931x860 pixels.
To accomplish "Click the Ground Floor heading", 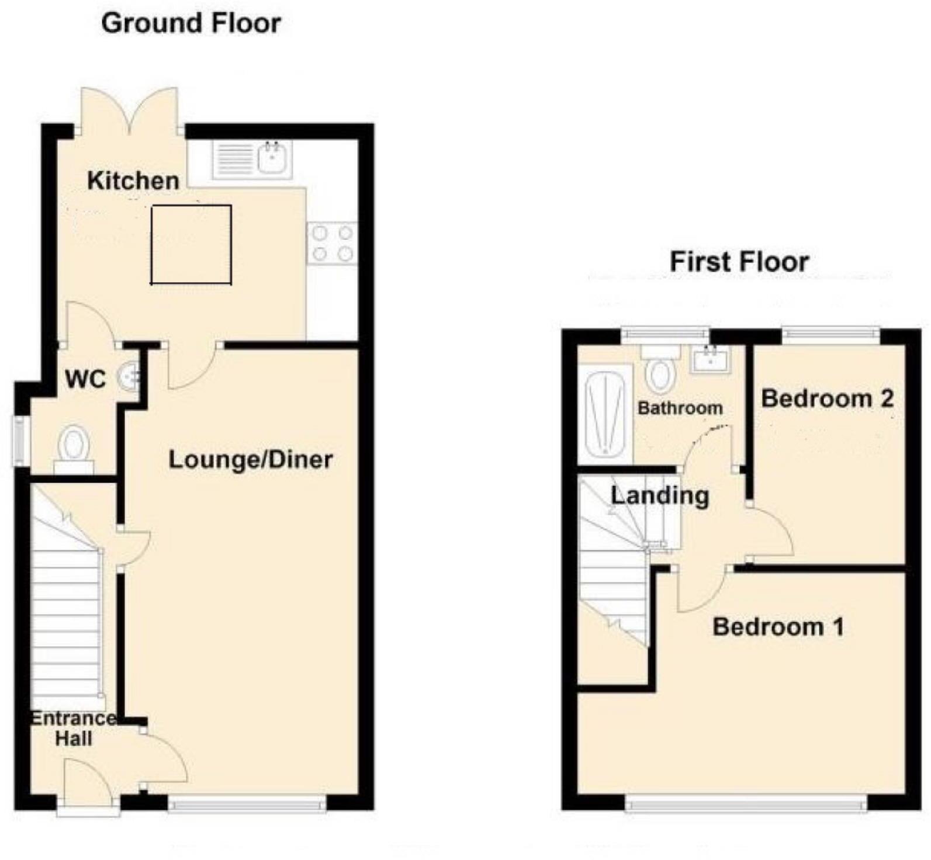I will [191, 24].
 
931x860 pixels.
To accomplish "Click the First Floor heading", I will [739, 261].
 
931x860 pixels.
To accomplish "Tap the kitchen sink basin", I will [273, 158].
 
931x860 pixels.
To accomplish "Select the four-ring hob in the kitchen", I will [332, 243].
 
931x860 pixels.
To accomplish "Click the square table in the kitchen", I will [191, 245].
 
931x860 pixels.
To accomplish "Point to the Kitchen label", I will [133, 181].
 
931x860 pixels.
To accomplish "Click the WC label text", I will [85, 379].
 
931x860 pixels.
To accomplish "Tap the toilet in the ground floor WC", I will [74, 448].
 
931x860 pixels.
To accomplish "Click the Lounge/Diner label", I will [250, 460].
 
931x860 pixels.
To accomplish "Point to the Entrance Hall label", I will [73, 728].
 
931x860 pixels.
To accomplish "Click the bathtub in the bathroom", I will [605, 411].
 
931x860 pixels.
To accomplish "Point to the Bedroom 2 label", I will [827, 398].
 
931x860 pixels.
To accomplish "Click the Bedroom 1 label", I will [778, 627].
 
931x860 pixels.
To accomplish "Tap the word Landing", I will [660, 495].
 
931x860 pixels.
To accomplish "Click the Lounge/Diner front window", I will [247, 806].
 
